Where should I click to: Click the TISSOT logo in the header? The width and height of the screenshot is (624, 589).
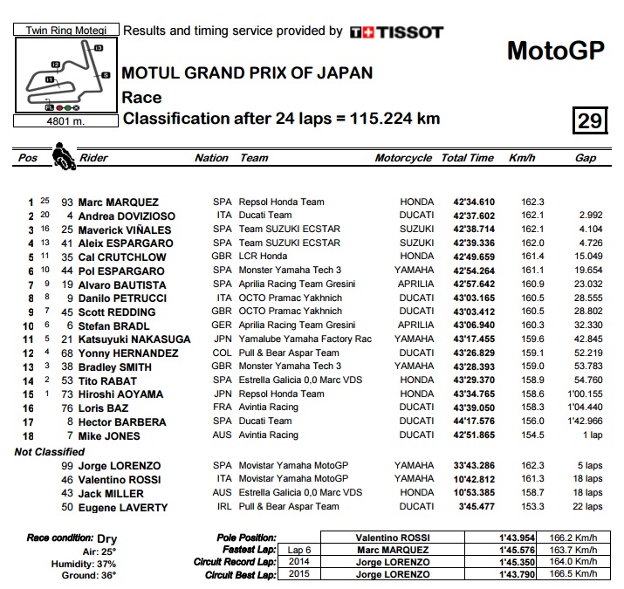coord(396,32)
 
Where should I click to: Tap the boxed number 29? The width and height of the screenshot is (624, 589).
coord(590,120)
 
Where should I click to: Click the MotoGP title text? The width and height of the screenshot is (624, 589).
coord(555,51)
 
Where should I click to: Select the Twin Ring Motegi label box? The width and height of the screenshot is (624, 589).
coord(62,29)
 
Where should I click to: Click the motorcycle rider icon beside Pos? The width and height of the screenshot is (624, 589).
coord(63,157)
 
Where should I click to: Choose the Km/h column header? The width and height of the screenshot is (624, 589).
coord(521,158)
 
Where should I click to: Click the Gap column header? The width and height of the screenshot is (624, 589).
coord(585,158)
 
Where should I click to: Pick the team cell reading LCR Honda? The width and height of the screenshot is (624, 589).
coord(263,257)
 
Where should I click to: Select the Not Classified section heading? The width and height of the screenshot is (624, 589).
coord(49,452)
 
